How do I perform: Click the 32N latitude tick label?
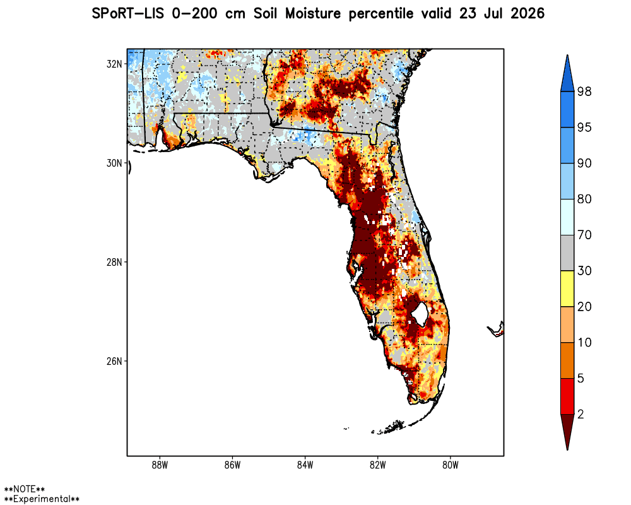(x=114, y=64)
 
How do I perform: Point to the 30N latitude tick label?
(x=114, y=163)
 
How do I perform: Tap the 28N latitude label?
(x=114, y=262)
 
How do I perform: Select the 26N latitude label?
(x=114, y=361)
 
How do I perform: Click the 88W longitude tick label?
(x=160, y=465)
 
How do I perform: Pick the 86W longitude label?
(x=233, y=465)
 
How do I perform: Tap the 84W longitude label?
(x=305, y=465)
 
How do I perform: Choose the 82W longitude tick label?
(x=378, y=465)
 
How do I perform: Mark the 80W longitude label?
(x=451, y=465)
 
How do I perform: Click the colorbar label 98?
(x=584, y=92)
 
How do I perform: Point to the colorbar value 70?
(x=584, y=235)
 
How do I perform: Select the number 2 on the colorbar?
(x=581, y=414)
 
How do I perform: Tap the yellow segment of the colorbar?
(x=567, y=288)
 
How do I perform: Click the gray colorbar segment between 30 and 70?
(x=567, y=253)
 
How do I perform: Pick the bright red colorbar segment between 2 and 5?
(x=567, y=396)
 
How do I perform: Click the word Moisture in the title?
(x=313, y=13)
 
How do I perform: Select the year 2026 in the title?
(x=528, y=13)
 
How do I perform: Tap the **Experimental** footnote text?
(x=42, y=499)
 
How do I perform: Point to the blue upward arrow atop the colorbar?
(x=567, y=73)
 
